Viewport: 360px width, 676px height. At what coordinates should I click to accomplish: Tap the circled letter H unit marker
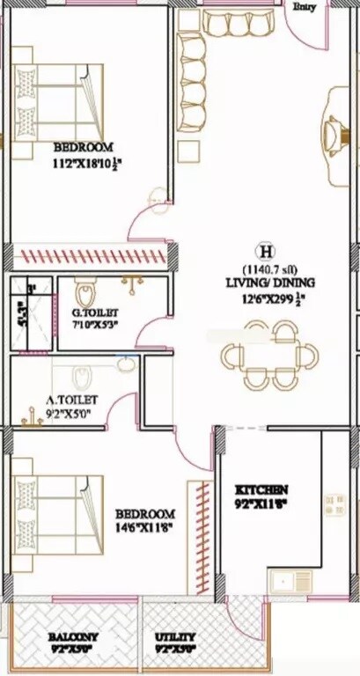click(x=261, y=250)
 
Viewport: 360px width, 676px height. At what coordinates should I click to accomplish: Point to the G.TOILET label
click(x=94, y=312)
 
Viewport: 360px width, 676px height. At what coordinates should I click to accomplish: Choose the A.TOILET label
click(x=72, y=399)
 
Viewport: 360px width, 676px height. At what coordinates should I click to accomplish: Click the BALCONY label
click(x=73, y=636)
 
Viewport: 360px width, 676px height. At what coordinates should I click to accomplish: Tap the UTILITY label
click(x=175, y=636)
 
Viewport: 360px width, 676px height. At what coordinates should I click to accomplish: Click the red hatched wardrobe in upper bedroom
click(x=93, y=257)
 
